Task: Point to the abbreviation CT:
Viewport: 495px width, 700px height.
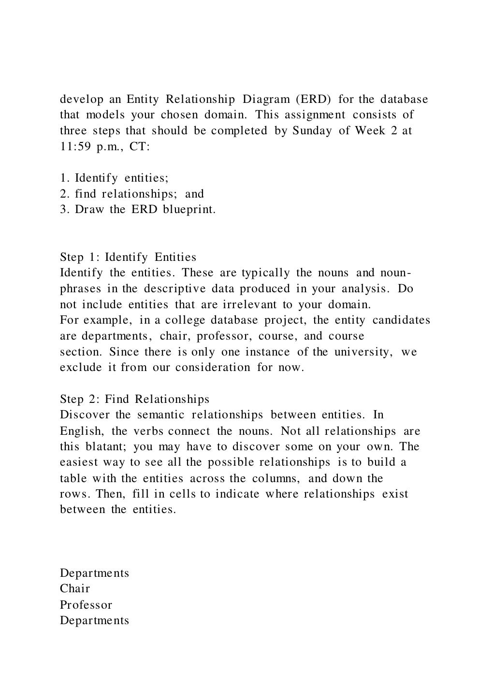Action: pos(140,147)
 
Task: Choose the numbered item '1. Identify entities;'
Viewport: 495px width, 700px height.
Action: pos(114,178)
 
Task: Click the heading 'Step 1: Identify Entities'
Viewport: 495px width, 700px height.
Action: pos(128,257)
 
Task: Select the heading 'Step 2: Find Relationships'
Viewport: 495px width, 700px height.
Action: pos(134,399)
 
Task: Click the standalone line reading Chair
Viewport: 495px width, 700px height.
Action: pos(75,588)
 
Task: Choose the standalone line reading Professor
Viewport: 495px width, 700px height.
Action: pos(86,605)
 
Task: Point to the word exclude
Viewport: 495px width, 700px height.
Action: pos(81,367)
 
